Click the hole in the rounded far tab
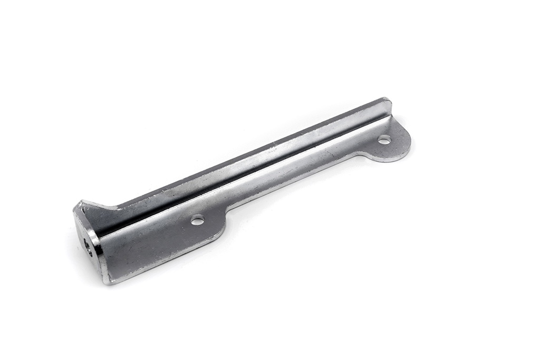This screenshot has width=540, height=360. pyautogui.click(x=384, y=140)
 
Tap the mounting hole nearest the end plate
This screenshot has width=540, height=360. pyautogui.click(x=198, y=220)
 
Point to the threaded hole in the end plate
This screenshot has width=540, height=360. pyautogui.click(x=88, y=247)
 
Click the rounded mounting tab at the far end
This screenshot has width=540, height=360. pyautogui.click(x=391, y=141)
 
